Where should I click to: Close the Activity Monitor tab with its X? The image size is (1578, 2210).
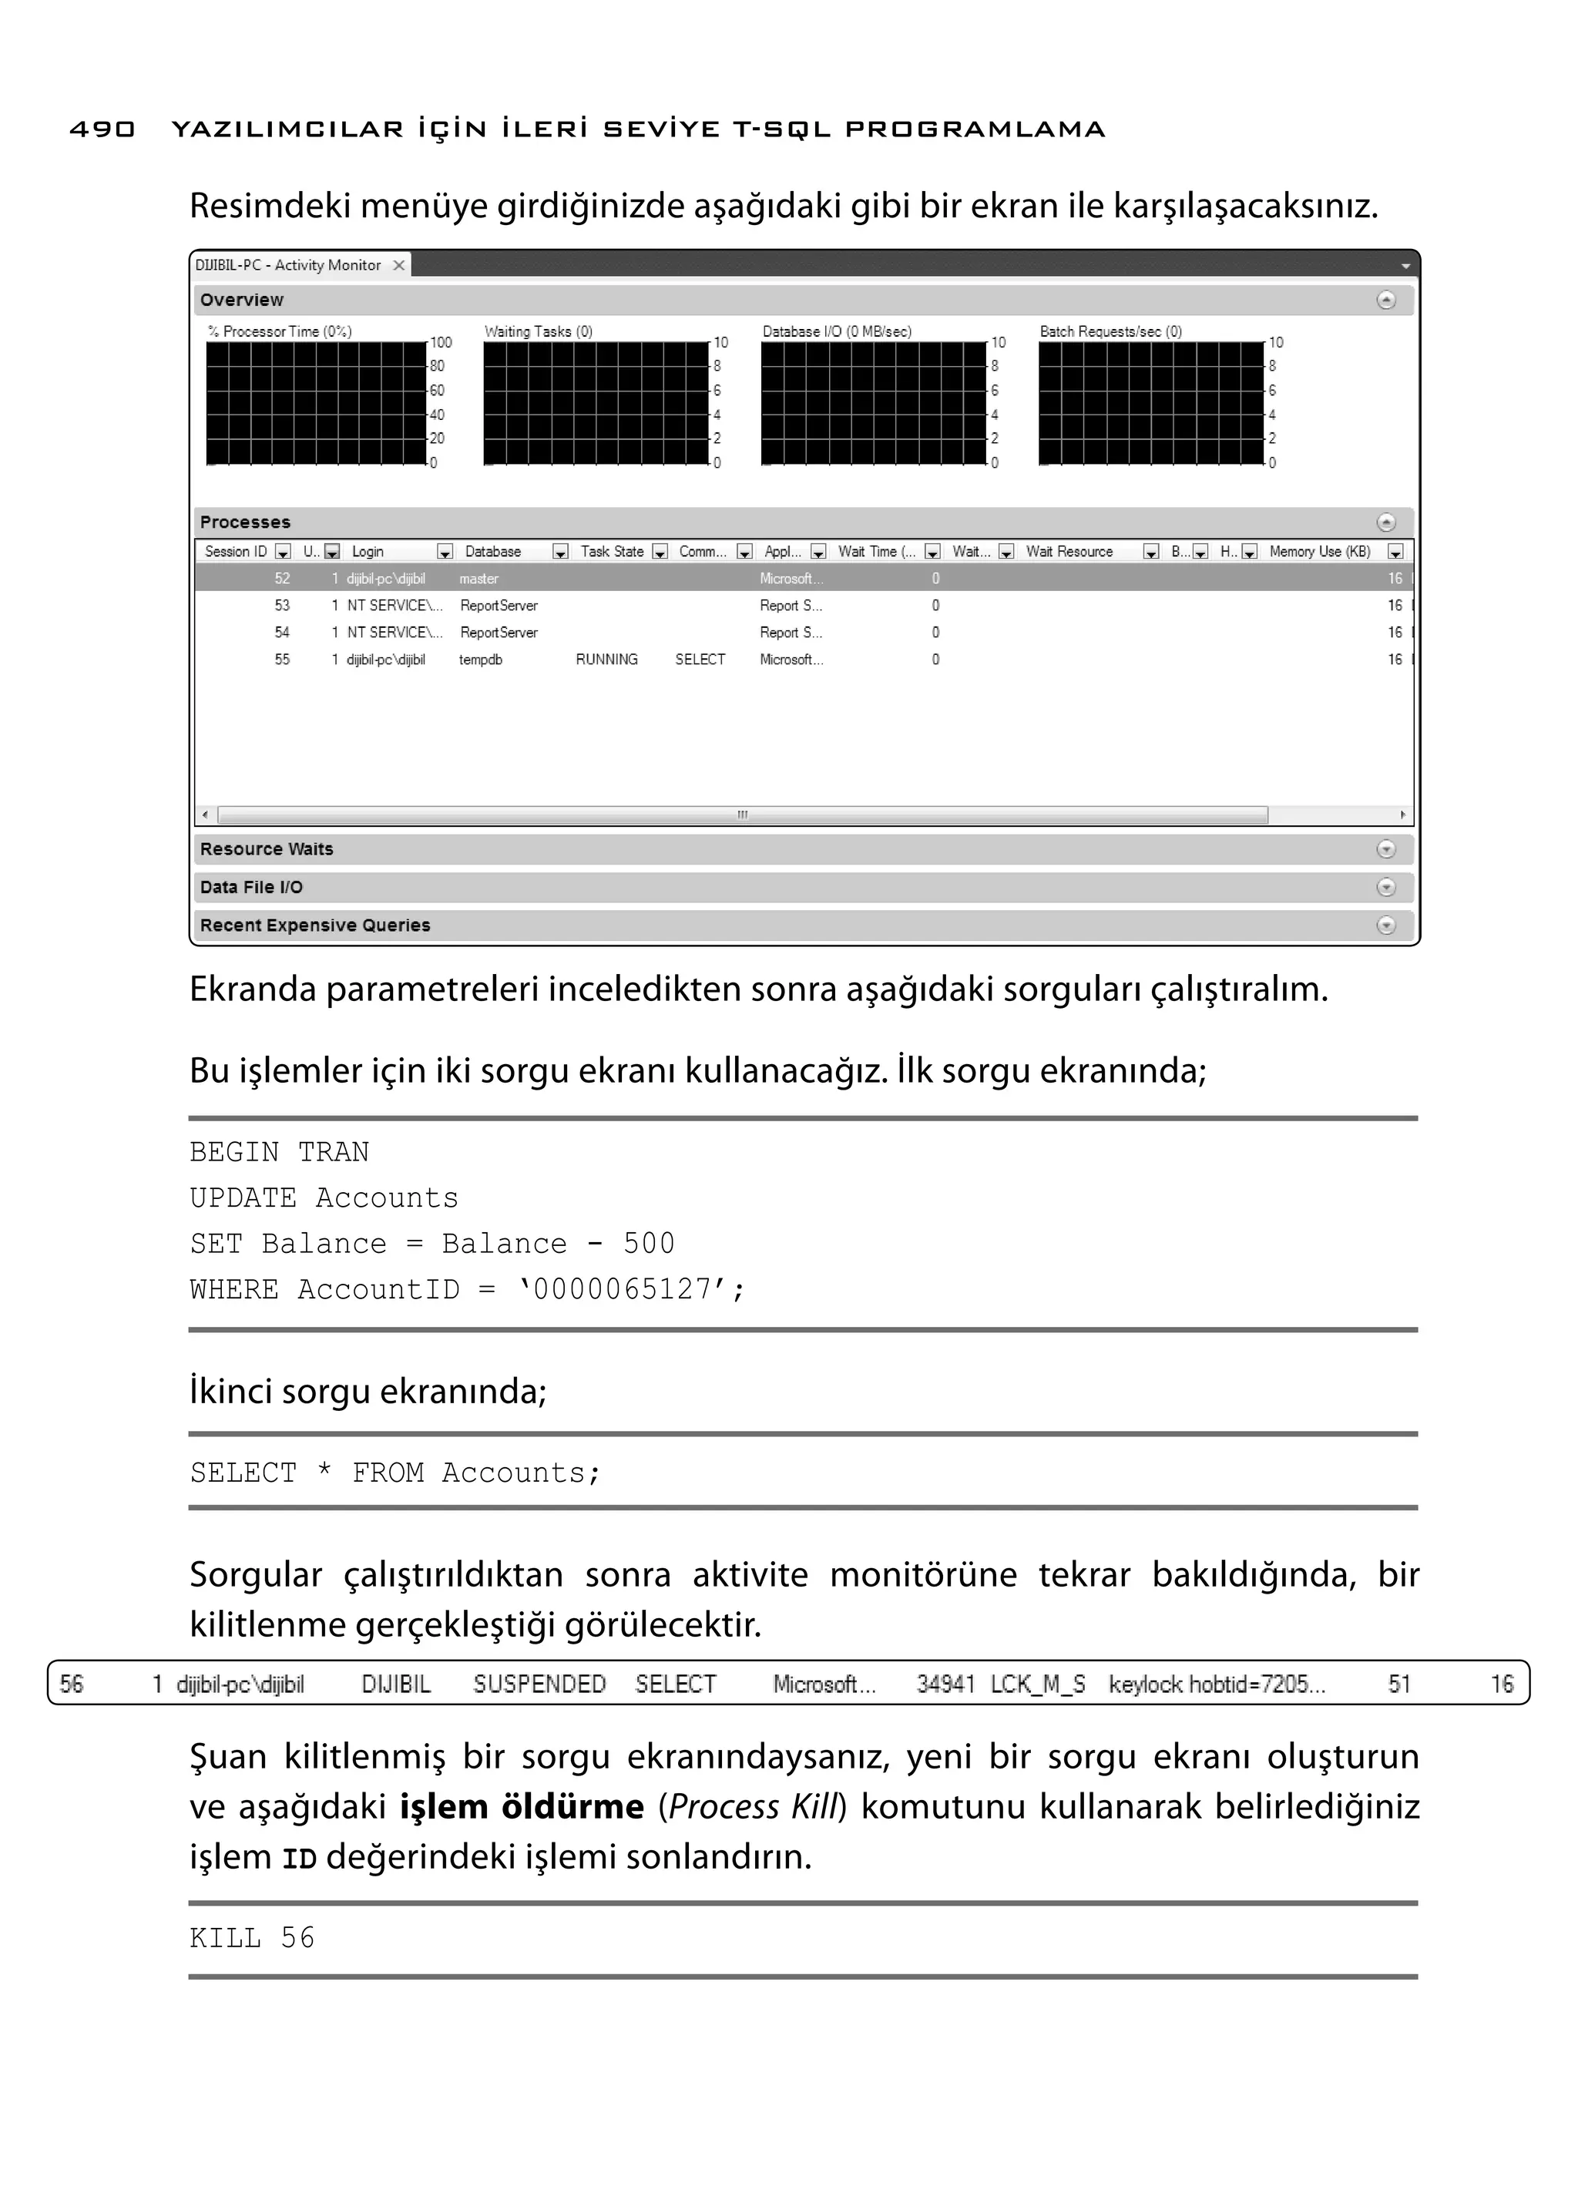(398, 265)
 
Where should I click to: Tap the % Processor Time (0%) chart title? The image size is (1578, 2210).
(280, 331)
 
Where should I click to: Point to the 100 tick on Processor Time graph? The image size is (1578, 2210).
(442, 343)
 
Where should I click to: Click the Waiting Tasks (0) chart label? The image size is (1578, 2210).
(539, 331)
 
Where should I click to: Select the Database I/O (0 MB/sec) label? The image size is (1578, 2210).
(837, 331)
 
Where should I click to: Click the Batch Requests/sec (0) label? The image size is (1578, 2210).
(1110, 331)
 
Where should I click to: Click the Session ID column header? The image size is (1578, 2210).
(236, 552)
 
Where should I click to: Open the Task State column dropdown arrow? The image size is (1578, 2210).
(660, 552)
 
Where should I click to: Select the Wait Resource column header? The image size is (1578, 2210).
(1069, 552)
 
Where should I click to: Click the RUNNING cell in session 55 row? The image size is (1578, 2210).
(606, 660)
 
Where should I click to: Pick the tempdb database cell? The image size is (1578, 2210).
(481, 660)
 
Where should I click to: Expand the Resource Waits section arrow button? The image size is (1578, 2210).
(1385, 849)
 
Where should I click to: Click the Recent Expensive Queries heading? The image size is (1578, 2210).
(315, 926)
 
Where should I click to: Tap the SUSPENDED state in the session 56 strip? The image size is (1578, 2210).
(539, 1684)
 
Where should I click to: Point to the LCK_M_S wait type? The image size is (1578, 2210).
(1038, 1684)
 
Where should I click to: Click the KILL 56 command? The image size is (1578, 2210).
(253, 1938)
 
